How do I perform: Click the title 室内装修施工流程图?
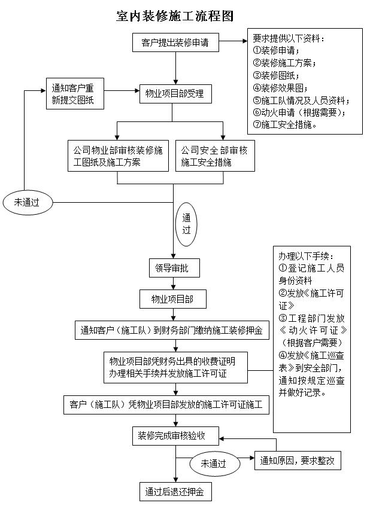(x=175, y=16)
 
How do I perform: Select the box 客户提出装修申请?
(x=175, y=42)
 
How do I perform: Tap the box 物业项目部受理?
(x=175, y=93)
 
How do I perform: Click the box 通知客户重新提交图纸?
(x=75, y=93)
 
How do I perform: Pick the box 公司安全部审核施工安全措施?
(x=215, y=156)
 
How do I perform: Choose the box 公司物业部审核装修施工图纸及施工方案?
(x=118, y=156)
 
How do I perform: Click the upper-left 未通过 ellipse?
(x=28, y=203)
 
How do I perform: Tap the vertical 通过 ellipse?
(x=186, y=224)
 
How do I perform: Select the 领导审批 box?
(x=174, y=268)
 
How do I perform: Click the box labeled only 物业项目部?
(x=172, y=299)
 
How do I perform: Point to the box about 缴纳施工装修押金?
(x=172, y=330)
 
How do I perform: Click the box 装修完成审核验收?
(x=175, y=436)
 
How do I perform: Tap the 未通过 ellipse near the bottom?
(x=215, y=464)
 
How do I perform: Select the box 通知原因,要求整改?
(x=298, y=461)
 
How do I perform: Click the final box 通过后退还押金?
(x=175, y=492)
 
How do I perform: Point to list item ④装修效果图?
(x=280, y=88)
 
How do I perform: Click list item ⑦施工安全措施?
(x=284, y=124)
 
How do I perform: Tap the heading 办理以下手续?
(x=306, y=256)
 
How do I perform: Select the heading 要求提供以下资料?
(x=289, y=38)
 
